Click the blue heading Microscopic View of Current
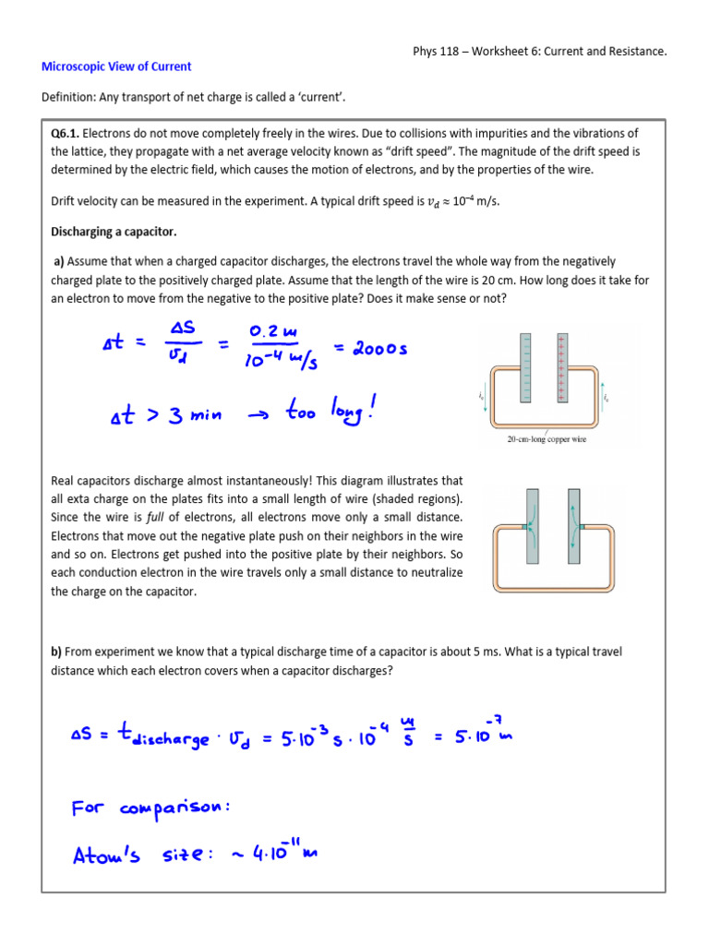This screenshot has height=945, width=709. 116,66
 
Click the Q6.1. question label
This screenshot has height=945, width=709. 66,134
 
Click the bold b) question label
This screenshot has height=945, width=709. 55,652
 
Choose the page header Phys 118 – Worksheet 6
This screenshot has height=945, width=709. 539,52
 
